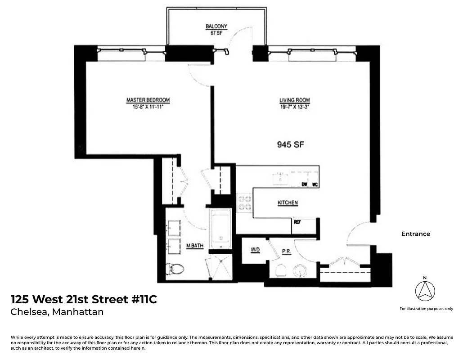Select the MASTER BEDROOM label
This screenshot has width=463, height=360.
click(148, 100)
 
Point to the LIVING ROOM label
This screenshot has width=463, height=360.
click(294, 100)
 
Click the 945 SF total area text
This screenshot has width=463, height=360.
click(288, 145)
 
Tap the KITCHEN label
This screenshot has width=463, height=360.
click(288, 203)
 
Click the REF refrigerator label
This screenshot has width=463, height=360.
click(297, 222)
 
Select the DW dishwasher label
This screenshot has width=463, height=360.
click(305, 184)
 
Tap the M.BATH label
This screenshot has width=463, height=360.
click(195, 246)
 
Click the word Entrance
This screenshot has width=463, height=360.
click(415, 234)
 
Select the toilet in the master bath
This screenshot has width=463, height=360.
click(175, 269)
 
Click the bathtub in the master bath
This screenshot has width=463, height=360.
click(220, 228)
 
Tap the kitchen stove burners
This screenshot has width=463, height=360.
click(244, 202)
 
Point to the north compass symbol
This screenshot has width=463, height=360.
click(425, 291)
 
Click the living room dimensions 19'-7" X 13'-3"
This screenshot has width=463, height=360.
click(294, 107)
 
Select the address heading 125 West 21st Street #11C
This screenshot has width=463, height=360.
click(84, 299)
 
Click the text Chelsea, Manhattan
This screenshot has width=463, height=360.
click(57, 312)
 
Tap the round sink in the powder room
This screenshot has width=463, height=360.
click(300, 271)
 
